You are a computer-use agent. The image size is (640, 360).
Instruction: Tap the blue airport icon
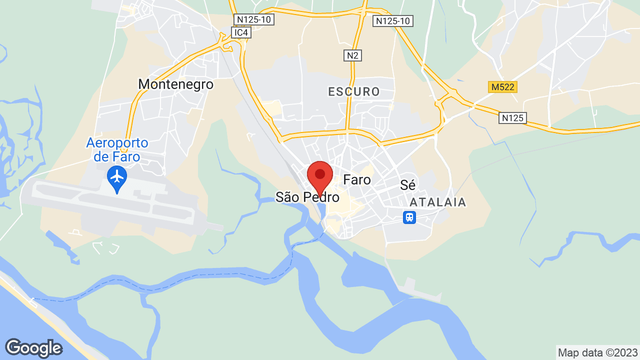pyautogui.click(x=117, y=177)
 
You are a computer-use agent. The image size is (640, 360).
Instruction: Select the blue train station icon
pyautogui.click(x=409, y=217)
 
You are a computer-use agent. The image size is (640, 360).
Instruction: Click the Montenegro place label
pyautogui.click(x=175, y=84)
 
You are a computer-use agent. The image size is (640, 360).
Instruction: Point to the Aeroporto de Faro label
pyautogui.click(x=117, y=149)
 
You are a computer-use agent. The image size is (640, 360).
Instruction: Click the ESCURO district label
pyautogui.click(x=354, y=91)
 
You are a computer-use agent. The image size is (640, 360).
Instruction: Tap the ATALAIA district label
pyautogui.click(x=437, y=202)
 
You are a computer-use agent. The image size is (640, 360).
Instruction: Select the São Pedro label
pyautogui.click(x=307, y=197)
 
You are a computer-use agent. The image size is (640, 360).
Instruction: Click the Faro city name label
pyautogui.click(x=357, y=180)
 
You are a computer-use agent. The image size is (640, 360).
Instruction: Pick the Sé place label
pyautogui.click(x=408, y=185)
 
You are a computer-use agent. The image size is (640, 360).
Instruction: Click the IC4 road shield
pyautogui.click(x=241, y=32)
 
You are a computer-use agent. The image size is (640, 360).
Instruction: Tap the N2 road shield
pyautogui.click(x=352, y=55)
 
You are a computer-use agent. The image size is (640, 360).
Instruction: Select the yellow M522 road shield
pyautogui.click(x=502, y=87)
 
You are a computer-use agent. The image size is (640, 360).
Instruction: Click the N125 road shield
pyautogui.click(x=512, y=118)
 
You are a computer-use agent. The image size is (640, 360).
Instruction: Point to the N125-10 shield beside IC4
pyautogui.click(x=254, y=19)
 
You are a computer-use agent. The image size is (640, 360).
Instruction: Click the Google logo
pyautogui.click(x=33, y=348)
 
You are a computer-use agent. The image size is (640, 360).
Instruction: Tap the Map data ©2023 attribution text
pyautogui.click(x=598, y=352)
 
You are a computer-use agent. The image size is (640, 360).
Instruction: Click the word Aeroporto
pyautogui.click(x=117, y=143)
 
